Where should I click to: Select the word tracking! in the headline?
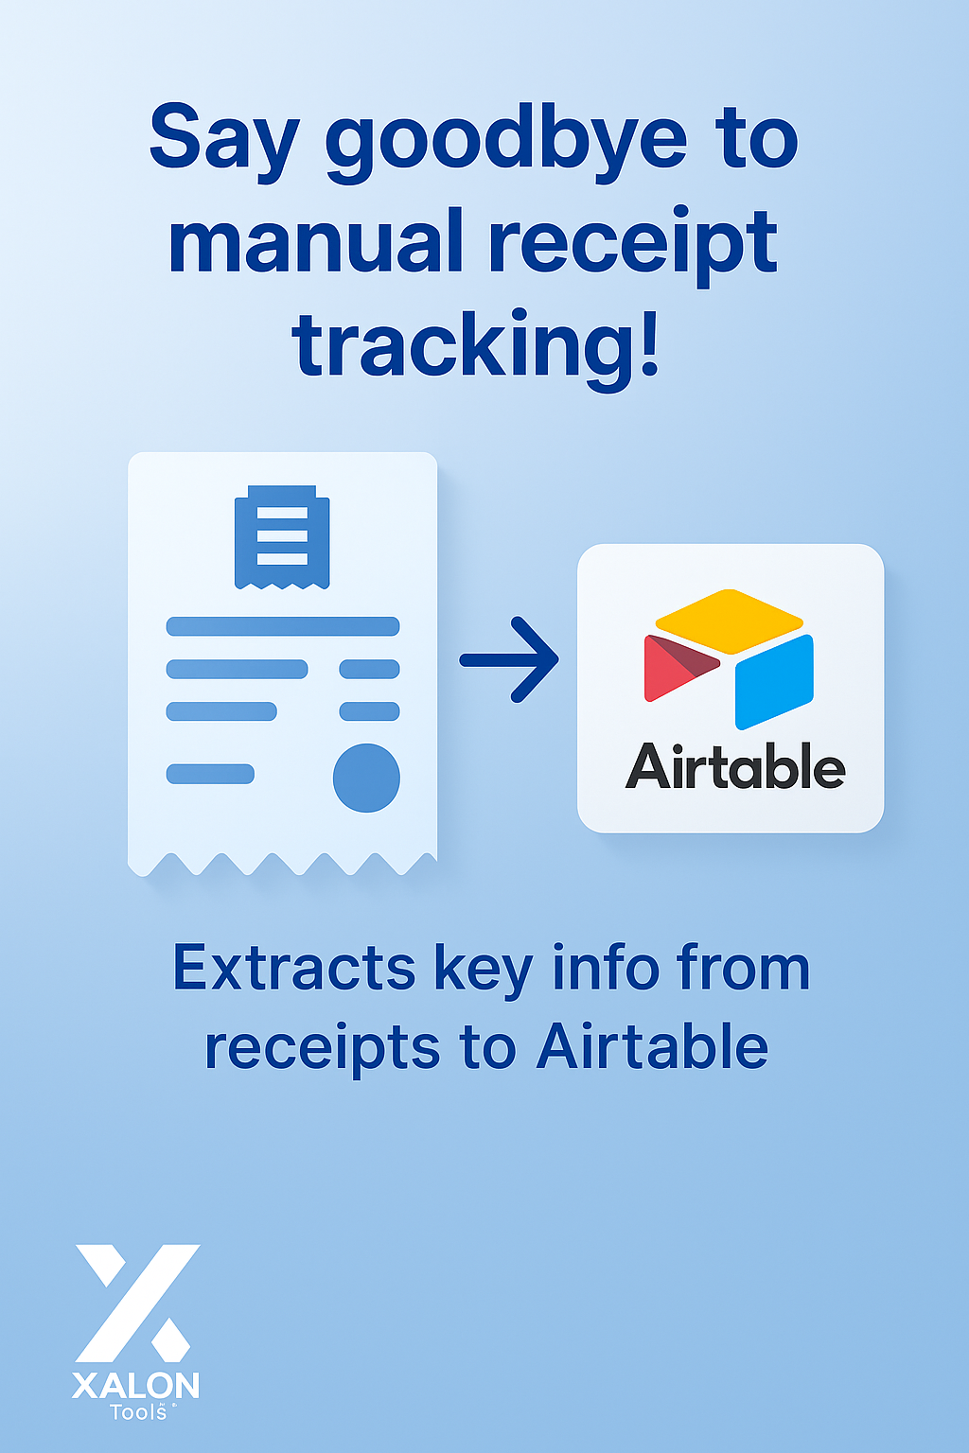click(x=475, y=346)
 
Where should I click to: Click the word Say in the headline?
click(x=223, y=142)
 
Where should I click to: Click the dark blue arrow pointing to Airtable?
click(x=511, y=659)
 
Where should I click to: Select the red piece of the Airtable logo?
click(x=674, y=667)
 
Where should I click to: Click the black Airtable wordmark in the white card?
click(x=734, y=766)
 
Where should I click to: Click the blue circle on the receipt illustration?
click(x=366, y=778)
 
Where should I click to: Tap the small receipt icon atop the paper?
click(x=282, y=536)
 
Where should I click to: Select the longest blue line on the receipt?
click(x=283, y=626)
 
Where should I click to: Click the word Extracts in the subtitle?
click(x=293, y=969)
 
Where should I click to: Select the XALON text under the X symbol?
click(x=136, y=1386)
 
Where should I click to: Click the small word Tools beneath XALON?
click(x=138, y=1412)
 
